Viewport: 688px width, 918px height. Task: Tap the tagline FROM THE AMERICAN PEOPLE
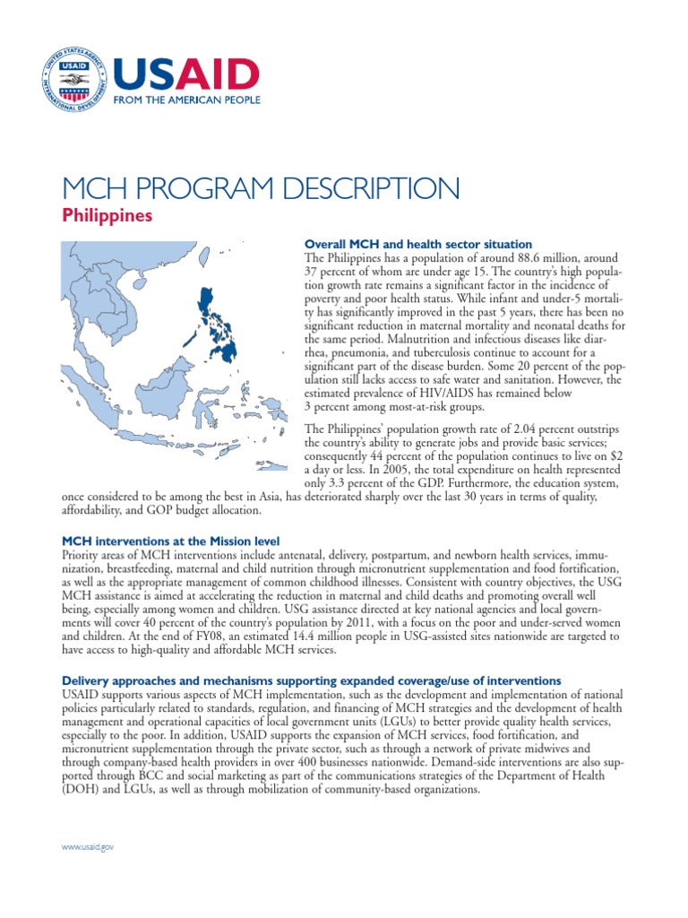pos(185,100)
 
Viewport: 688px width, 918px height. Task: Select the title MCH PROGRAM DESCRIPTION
pos(260,189)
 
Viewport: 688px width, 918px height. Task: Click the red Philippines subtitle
pos(107,216)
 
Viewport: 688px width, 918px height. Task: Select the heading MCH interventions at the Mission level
pos(170,541)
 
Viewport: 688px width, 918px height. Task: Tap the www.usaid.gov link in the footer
pos(87,846)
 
